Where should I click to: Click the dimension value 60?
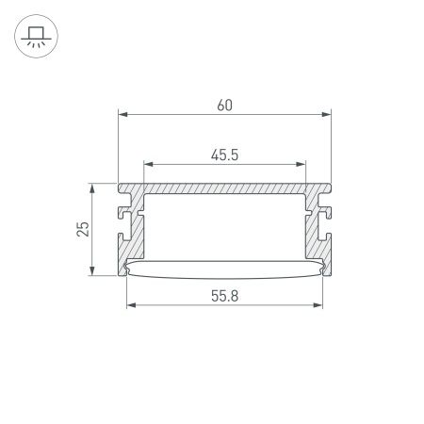pos(225,105)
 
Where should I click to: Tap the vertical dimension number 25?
pos(83,229)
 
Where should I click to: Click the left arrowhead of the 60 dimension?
pos(122,115)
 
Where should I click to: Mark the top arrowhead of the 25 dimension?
pos(92,188)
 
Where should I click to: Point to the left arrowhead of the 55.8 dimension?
pos(130,305)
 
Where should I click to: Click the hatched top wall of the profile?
pos(225,188)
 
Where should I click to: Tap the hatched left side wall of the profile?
pos(135,231)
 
